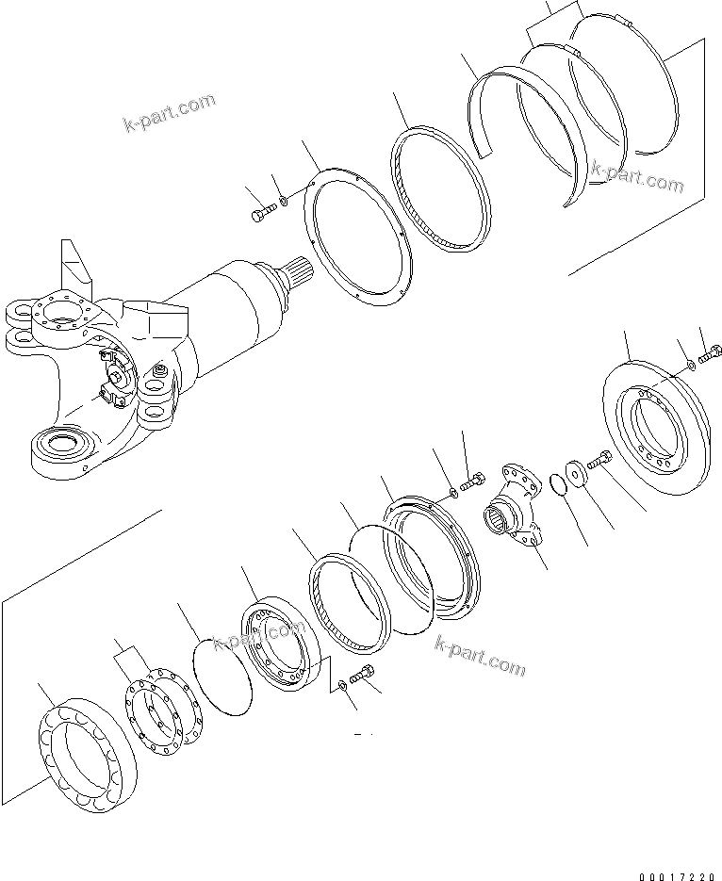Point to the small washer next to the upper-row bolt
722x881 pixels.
point(284,202)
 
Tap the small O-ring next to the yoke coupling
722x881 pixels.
point(556,484)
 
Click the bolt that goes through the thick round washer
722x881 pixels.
point(598,461)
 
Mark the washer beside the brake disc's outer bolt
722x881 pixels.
point(691,364)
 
